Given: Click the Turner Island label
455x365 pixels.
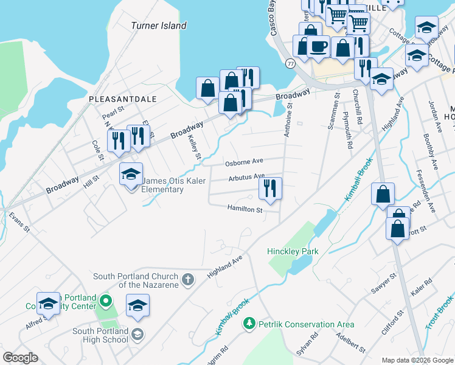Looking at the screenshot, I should (159, 26).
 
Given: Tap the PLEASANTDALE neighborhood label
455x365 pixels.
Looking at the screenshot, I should (122, 99).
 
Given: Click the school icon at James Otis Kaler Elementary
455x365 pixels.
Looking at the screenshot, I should (131, 175).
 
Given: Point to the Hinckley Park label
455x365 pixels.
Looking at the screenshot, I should (293, 251).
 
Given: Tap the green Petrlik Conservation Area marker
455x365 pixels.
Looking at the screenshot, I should (248, 324).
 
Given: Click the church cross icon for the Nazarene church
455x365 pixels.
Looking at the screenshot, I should (189, 280).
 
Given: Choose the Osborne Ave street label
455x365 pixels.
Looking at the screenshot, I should (244, 162).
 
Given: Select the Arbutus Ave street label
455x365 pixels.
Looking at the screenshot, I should (246, 178).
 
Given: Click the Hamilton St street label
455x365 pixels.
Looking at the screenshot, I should (245, 210).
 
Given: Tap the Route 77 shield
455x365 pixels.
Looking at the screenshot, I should (291, 63).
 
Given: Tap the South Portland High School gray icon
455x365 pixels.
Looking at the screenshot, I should (138, 335).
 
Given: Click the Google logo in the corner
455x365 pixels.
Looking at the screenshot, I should (20, 358).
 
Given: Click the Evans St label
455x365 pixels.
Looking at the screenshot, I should (19, 221).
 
